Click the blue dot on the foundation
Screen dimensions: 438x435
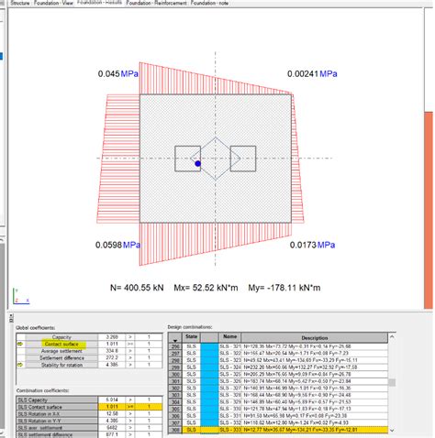click(197, 163)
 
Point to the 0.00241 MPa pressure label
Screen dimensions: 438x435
click(313, 73)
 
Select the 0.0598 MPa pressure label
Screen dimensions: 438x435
click(118, 245)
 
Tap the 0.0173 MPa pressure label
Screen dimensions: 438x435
click(313, 245)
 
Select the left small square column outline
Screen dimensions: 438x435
click(188, 159)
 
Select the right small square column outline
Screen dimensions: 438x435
click(242, 159)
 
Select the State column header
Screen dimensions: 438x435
click(192, 336)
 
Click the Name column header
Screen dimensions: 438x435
click(230, 336)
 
